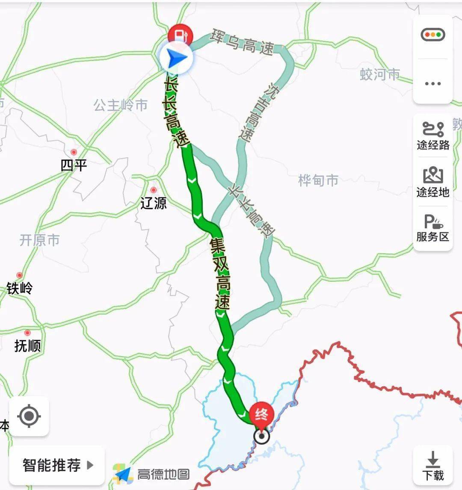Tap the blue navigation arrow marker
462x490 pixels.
click(176, 59)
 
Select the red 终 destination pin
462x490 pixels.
click(261, 414)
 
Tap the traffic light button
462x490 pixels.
click(432, 35)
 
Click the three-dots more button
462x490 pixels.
click(432, 83)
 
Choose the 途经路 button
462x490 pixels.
click(433, 136)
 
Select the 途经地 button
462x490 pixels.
click(433, 183)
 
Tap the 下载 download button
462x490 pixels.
click(433, 466)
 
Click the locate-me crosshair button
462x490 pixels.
click(29, 416)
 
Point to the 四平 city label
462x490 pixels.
click(74, 165)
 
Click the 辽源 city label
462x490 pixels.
click(153, 202)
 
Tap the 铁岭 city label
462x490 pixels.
click(19, 288)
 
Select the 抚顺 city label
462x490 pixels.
click(27, 345)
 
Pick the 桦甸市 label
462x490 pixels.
click(318, 180)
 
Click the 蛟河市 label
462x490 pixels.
click(380, 75)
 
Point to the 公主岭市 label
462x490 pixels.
click(121, 105)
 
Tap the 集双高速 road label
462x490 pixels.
click(220, 274)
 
